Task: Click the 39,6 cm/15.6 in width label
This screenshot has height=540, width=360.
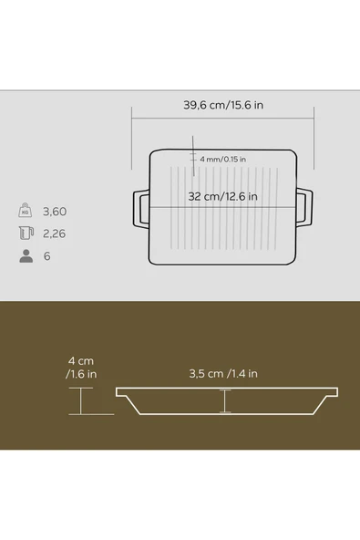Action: click(223, 105)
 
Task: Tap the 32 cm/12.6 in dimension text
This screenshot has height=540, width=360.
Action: click(222, 197)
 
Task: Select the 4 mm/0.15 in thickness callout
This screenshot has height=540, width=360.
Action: click(222, 159)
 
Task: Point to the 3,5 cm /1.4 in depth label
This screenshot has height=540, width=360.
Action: click(223, 374)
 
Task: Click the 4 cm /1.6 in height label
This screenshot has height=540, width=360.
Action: click(81, 368)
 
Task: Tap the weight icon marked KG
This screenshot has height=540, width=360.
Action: click(26, 211)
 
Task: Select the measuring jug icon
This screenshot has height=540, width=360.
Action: click(26, 234)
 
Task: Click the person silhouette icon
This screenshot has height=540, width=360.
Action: click(26, 256)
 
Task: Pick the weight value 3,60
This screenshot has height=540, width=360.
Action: click(55, 212)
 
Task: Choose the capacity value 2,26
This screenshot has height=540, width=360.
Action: click(54, 234)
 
